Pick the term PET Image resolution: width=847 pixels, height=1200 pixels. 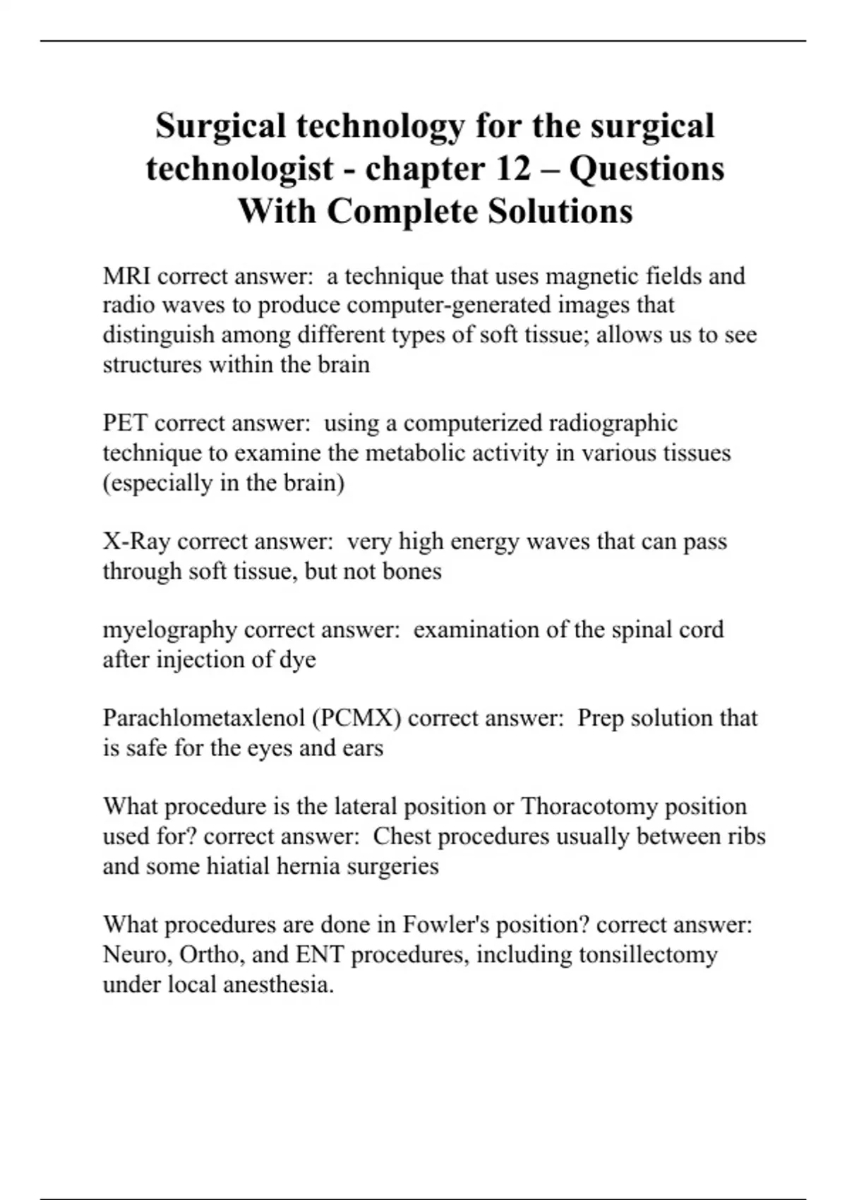[125, 424]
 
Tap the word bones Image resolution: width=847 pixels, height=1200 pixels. [412, 571]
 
